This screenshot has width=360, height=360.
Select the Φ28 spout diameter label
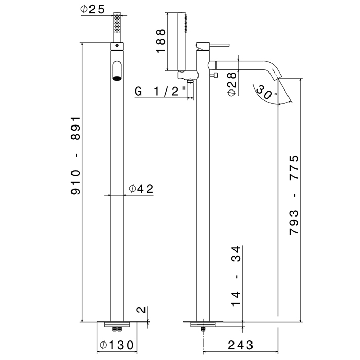click(231, 82)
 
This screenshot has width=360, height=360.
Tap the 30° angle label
click(269, 95)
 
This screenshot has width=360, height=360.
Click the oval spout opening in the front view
click(117, 70)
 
